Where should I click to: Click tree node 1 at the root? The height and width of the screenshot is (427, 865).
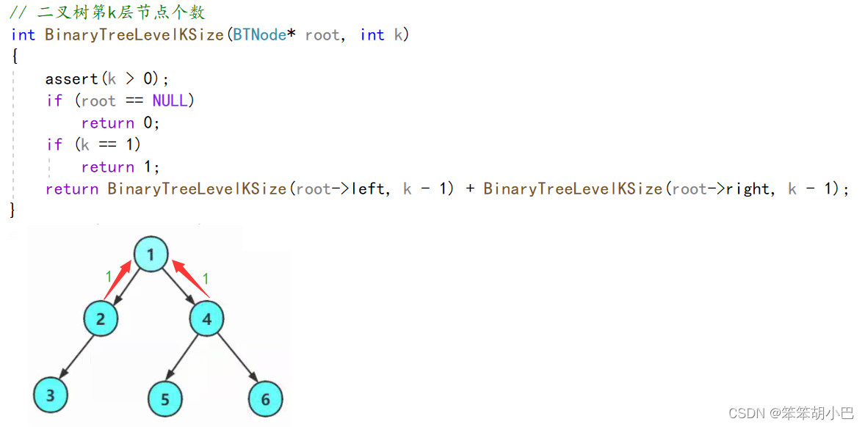(x=151, y=255)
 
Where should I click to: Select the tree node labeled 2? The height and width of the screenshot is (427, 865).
(x=101, y=319)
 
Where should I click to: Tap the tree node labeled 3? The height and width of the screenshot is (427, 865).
(x=50, y=395)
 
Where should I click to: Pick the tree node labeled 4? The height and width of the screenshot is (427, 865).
(x=206, y=319)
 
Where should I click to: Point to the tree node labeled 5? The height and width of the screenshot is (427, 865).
(x=164, y=399)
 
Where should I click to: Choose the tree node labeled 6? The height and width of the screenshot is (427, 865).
(x=265, y=399)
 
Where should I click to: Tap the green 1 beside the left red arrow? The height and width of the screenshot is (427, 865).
(x=109, y=277)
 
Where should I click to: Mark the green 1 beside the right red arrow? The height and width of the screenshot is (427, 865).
(x=206, y=278)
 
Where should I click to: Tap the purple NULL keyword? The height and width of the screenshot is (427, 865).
(x=170, y=101)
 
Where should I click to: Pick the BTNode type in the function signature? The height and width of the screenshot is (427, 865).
(x=259, y=34)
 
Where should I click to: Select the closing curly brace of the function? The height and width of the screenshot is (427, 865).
(x=12, y=211)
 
